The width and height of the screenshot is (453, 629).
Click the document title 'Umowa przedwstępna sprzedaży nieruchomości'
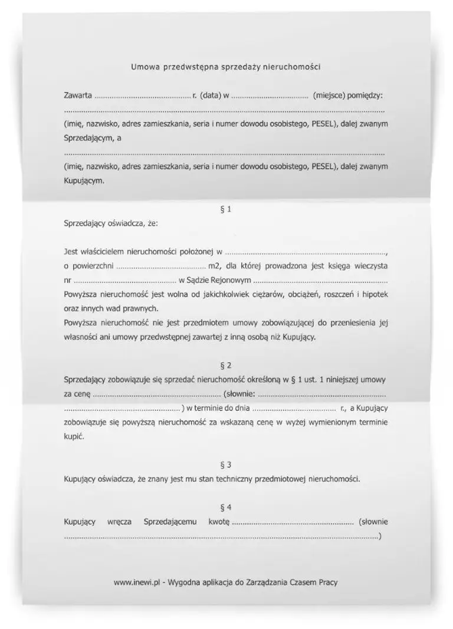coord(225,67)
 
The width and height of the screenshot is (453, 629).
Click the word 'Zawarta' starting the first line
coord(77,94)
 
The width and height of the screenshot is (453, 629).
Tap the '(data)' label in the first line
coord(211,94)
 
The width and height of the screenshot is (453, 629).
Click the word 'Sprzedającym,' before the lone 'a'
coord(88,139)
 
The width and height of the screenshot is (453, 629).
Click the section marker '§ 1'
coord(225,209)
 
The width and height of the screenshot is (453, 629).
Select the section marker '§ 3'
coord(225,465)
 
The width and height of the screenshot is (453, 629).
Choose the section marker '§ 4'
coord(225,507)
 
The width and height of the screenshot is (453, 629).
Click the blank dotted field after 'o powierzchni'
coord(157,266)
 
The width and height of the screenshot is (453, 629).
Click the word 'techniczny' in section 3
coord(238,479)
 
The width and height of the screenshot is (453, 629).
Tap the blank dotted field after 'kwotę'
coord(292,522)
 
